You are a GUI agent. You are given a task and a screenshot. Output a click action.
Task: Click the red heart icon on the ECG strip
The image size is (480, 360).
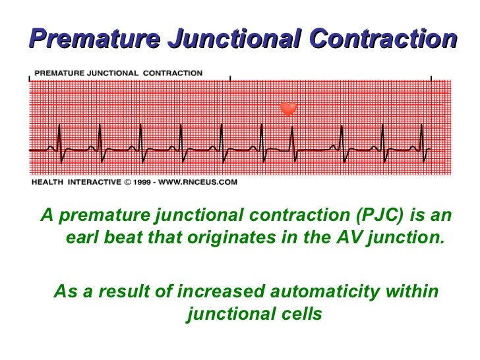pyautogui.click(x=288, y=109)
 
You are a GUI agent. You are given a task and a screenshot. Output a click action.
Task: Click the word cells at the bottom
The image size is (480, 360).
pyautogui.click(x=299, y=314)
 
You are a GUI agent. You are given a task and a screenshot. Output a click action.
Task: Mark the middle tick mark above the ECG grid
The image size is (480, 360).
pyautogui.click(x=230, y=78)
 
